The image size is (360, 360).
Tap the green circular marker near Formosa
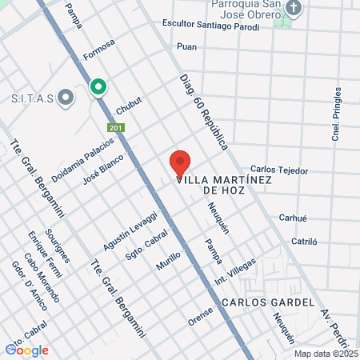click(98, 86)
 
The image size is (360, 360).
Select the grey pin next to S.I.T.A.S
click(66, 98)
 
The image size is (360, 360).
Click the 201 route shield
click(117, 128)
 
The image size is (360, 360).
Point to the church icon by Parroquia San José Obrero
click(294, 10)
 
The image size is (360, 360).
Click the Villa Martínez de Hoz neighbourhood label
click(225, 185)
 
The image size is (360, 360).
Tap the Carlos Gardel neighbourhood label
click(260, 302)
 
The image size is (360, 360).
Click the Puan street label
click(187, 47)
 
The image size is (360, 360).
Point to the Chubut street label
click(128, 106)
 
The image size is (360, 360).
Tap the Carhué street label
click(294, 217)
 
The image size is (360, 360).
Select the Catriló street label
click(304, 240)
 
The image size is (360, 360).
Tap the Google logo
click(27, 350)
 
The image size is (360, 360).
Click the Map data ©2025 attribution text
click(325, 354)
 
